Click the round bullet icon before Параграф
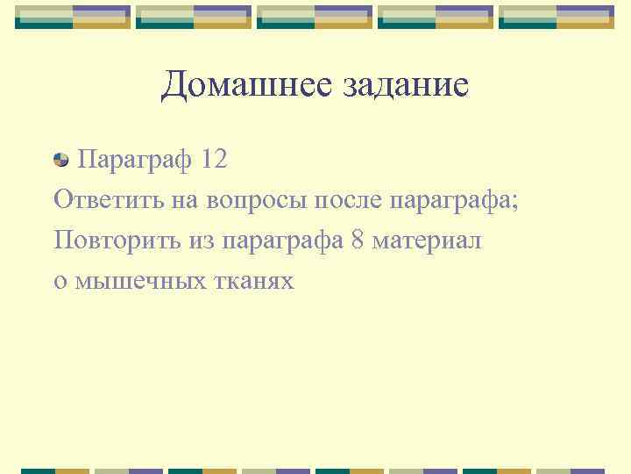pos(61,160)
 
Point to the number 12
pos(213,160)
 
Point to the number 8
pos(357,241)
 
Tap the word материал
pos(427,241)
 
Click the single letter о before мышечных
pos(60,282)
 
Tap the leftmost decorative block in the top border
pos(73,17)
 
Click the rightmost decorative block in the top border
pos(557,17)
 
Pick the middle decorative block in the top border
pos(315,17)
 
